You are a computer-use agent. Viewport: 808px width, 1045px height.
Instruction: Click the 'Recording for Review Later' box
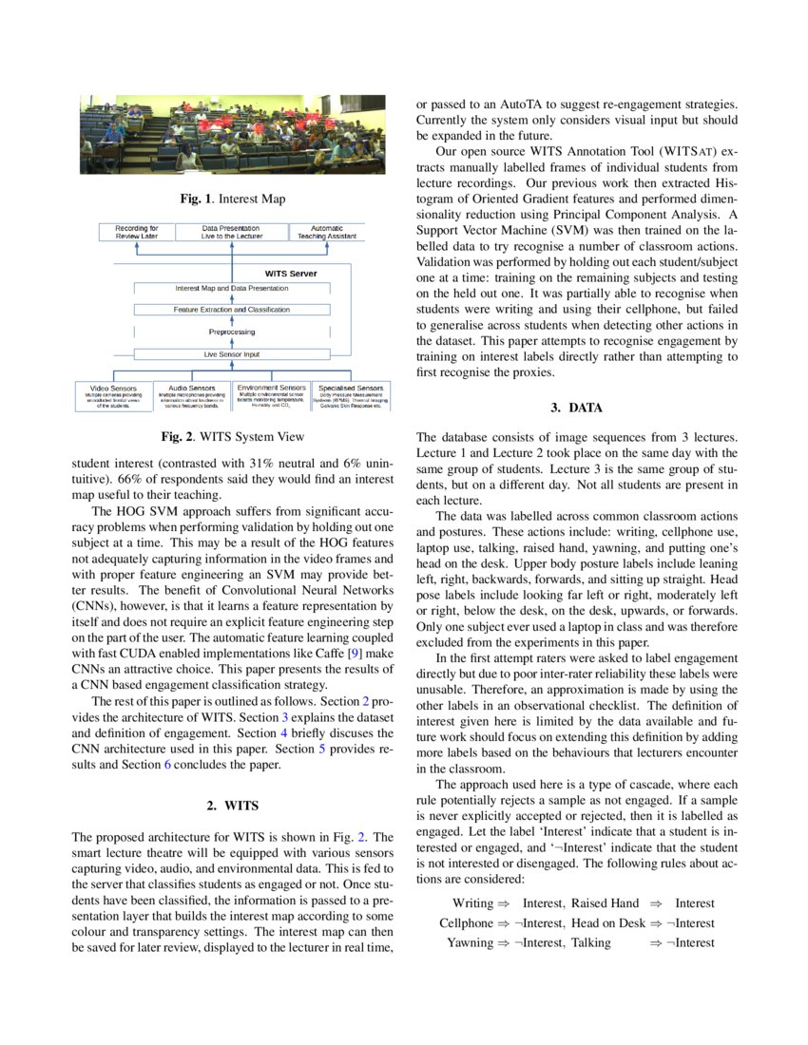[x=137, y=233]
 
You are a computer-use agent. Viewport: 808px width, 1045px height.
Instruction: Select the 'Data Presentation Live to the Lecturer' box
[x=233, y=233]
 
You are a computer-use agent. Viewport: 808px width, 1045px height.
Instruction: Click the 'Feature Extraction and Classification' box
[x=232, y=310]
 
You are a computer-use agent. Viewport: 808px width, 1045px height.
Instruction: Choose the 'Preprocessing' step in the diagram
[x=232, y=332]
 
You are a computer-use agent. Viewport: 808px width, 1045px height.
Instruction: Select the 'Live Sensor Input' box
[x=232, y=353]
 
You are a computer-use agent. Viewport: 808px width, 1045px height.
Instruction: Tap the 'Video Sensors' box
[x=114, y=396]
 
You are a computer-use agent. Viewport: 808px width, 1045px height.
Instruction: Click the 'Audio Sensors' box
[x=192, y=396]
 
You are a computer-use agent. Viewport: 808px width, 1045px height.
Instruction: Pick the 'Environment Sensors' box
[x=272, y=396]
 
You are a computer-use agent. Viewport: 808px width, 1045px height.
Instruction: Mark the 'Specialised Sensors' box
[x=351, y=396]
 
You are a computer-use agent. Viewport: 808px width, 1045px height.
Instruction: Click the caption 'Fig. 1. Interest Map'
[x=233, y=199]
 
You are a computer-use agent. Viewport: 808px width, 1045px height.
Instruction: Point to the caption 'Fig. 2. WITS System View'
[x=233, y=437]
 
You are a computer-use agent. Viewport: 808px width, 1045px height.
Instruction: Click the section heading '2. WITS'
[x=233, y=807]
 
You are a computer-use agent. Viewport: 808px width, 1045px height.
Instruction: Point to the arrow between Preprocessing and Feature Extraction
[x=232, y=321]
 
